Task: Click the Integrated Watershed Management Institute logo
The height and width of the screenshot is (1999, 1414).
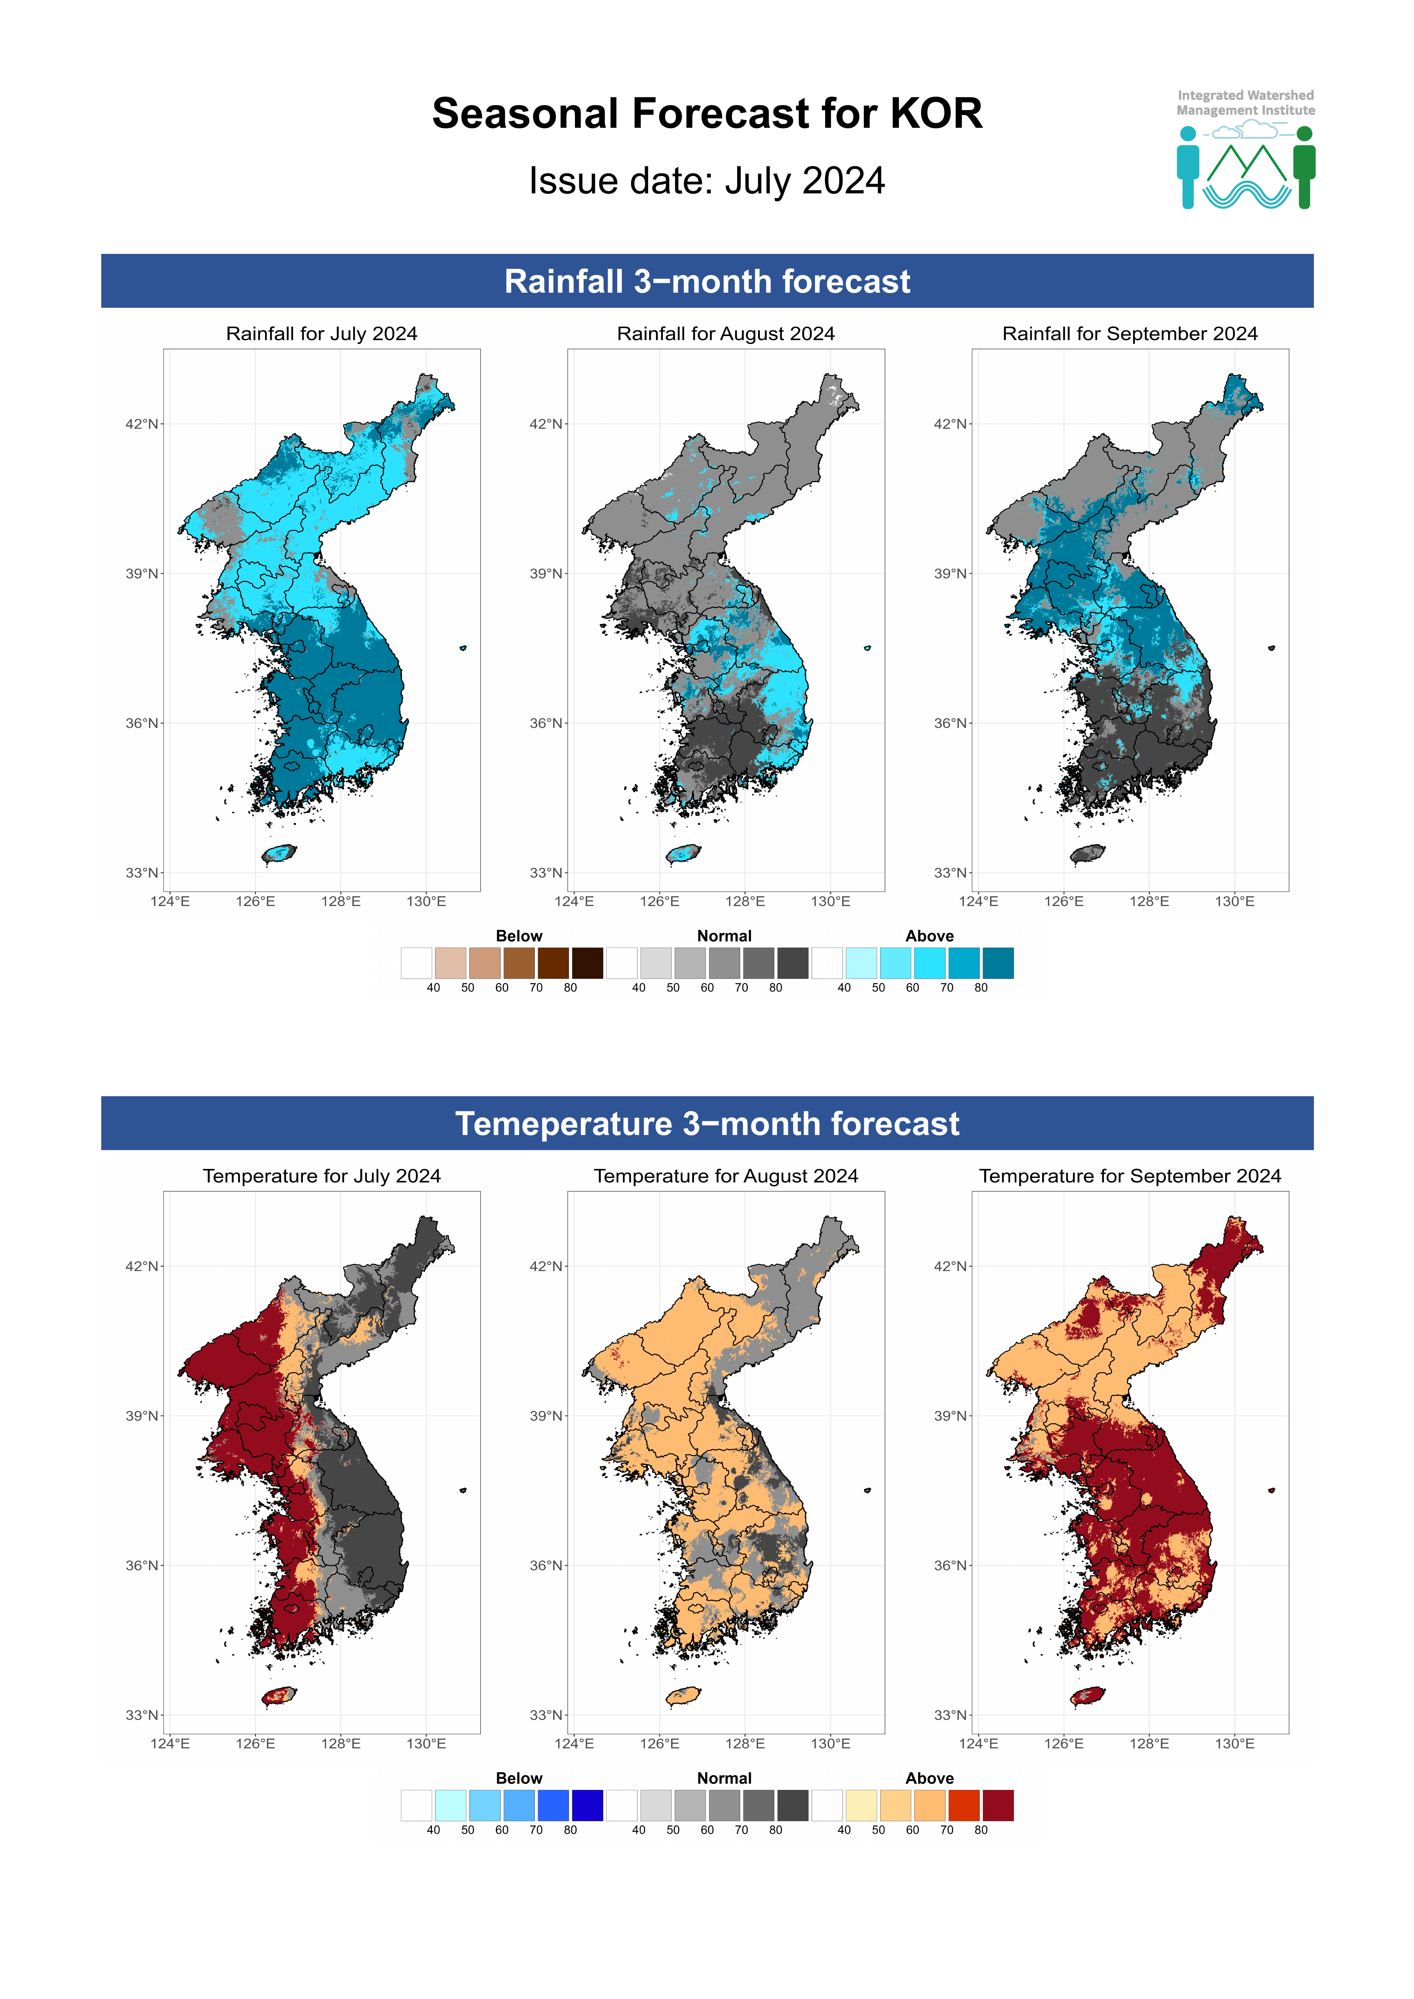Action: [1245, 150]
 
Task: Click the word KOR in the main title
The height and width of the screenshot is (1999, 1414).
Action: [936, 114]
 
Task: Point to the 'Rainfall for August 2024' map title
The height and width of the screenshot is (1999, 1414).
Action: [725, 333]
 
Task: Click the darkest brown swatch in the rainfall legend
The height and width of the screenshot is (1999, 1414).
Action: [587, 963]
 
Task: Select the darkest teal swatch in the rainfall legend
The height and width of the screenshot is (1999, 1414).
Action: [998, 963]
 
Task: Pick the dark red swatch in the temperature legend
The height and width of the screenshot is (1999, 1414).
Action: [998, 1806]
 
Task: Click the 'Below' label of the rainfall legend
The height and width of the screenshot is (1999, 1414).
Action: [519, 936]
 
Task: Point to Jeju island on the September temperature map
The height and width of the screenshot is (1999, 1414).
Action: [1087, 1696]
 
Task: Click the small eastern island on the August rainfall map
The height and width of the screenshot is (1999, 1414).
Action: [867, 648]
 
